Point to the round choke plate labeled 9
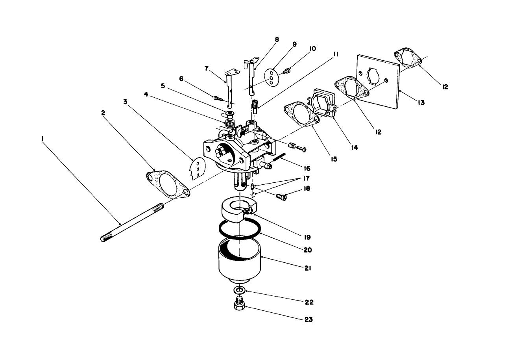pos(271,77)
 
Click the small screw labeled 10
pos(288,71)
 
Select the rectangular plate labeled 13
pos(378,81)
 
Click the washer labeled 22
pos(240,290)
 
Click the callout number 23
pos(308,319)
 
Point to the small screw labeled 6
pos(218,97)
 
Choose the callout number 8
pos(277,39)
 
